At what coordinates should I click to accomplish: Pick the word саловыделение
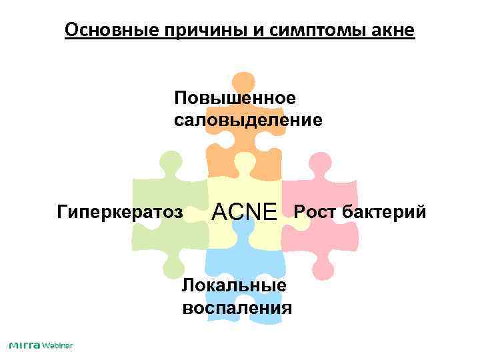coord(248,121)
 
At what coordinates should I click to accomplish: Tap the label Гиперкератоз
coord(120,213)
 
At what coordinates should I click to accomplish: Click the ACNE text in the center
coord(244,213)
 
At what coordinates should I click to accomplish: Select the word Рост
coord(315,213)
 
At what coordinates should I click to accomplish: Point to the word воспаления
coord(237,308)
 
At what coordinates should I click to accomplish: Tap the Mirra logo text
coord(25,345)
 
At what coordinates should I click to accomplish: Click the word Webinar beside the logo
coord(57,345)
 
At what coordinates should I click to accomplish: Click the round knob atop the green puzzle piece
coord(171,161)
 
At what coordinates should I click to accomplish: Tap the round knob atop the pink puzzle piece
coord(319,162)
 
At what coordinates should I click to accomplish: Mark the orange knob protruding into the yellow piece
coord(243,163)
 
